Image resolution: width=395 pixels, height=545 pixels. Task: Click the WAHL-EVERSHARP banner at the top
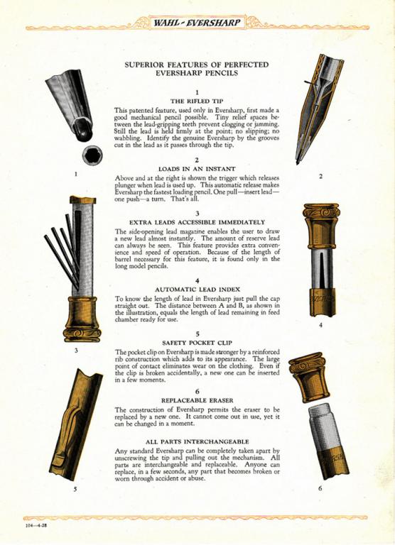pos(197,23)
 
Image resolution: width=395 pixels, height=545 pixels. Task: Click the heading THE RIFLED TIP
pos(197,101)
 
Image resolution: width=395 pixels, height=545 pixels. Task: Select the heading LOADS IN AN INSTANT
pos(197,169)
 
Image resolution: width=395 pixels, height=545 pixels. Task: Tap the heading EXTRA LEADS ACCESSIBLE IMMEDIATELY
pos(197,222)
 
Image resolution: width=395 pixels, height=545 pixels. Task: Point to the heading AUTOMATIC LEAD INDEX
pos(197,290)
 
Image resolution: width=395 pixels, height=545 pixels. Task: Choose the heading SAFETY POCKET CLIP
pos(197,343)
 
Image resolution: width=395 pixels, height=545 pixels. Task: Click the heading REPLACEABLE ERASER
pos(197,400)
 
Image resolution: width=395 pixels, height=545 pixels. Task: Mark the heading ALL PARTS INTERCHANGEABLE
pos(197,442)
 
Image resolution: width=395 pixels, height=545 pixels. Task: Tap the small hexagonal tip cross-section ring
pos(92,155)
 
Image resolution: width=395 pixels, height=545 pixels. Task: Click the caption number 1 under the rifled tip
pos(76,174)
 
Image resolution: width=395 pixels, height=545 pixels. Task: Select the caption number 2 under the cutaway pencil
pos(320,176)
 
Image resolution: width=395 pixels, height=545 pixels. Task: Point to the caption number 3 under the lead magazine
pos(76,351)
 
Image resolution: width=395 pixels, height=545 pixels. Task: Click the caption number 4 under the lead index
pos(320,325)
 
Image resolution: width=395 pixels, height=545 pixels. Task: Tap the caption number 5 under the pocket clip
pos(75,490)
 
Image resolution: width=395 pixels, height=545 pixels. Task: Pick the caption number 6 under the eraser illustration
pos(320,488)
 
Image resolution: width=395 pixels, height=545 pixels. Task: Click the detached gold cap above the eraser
pos(309,377)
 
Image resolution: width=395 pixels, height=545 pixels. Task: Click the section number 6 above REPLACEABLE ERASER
pos(197,392)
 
